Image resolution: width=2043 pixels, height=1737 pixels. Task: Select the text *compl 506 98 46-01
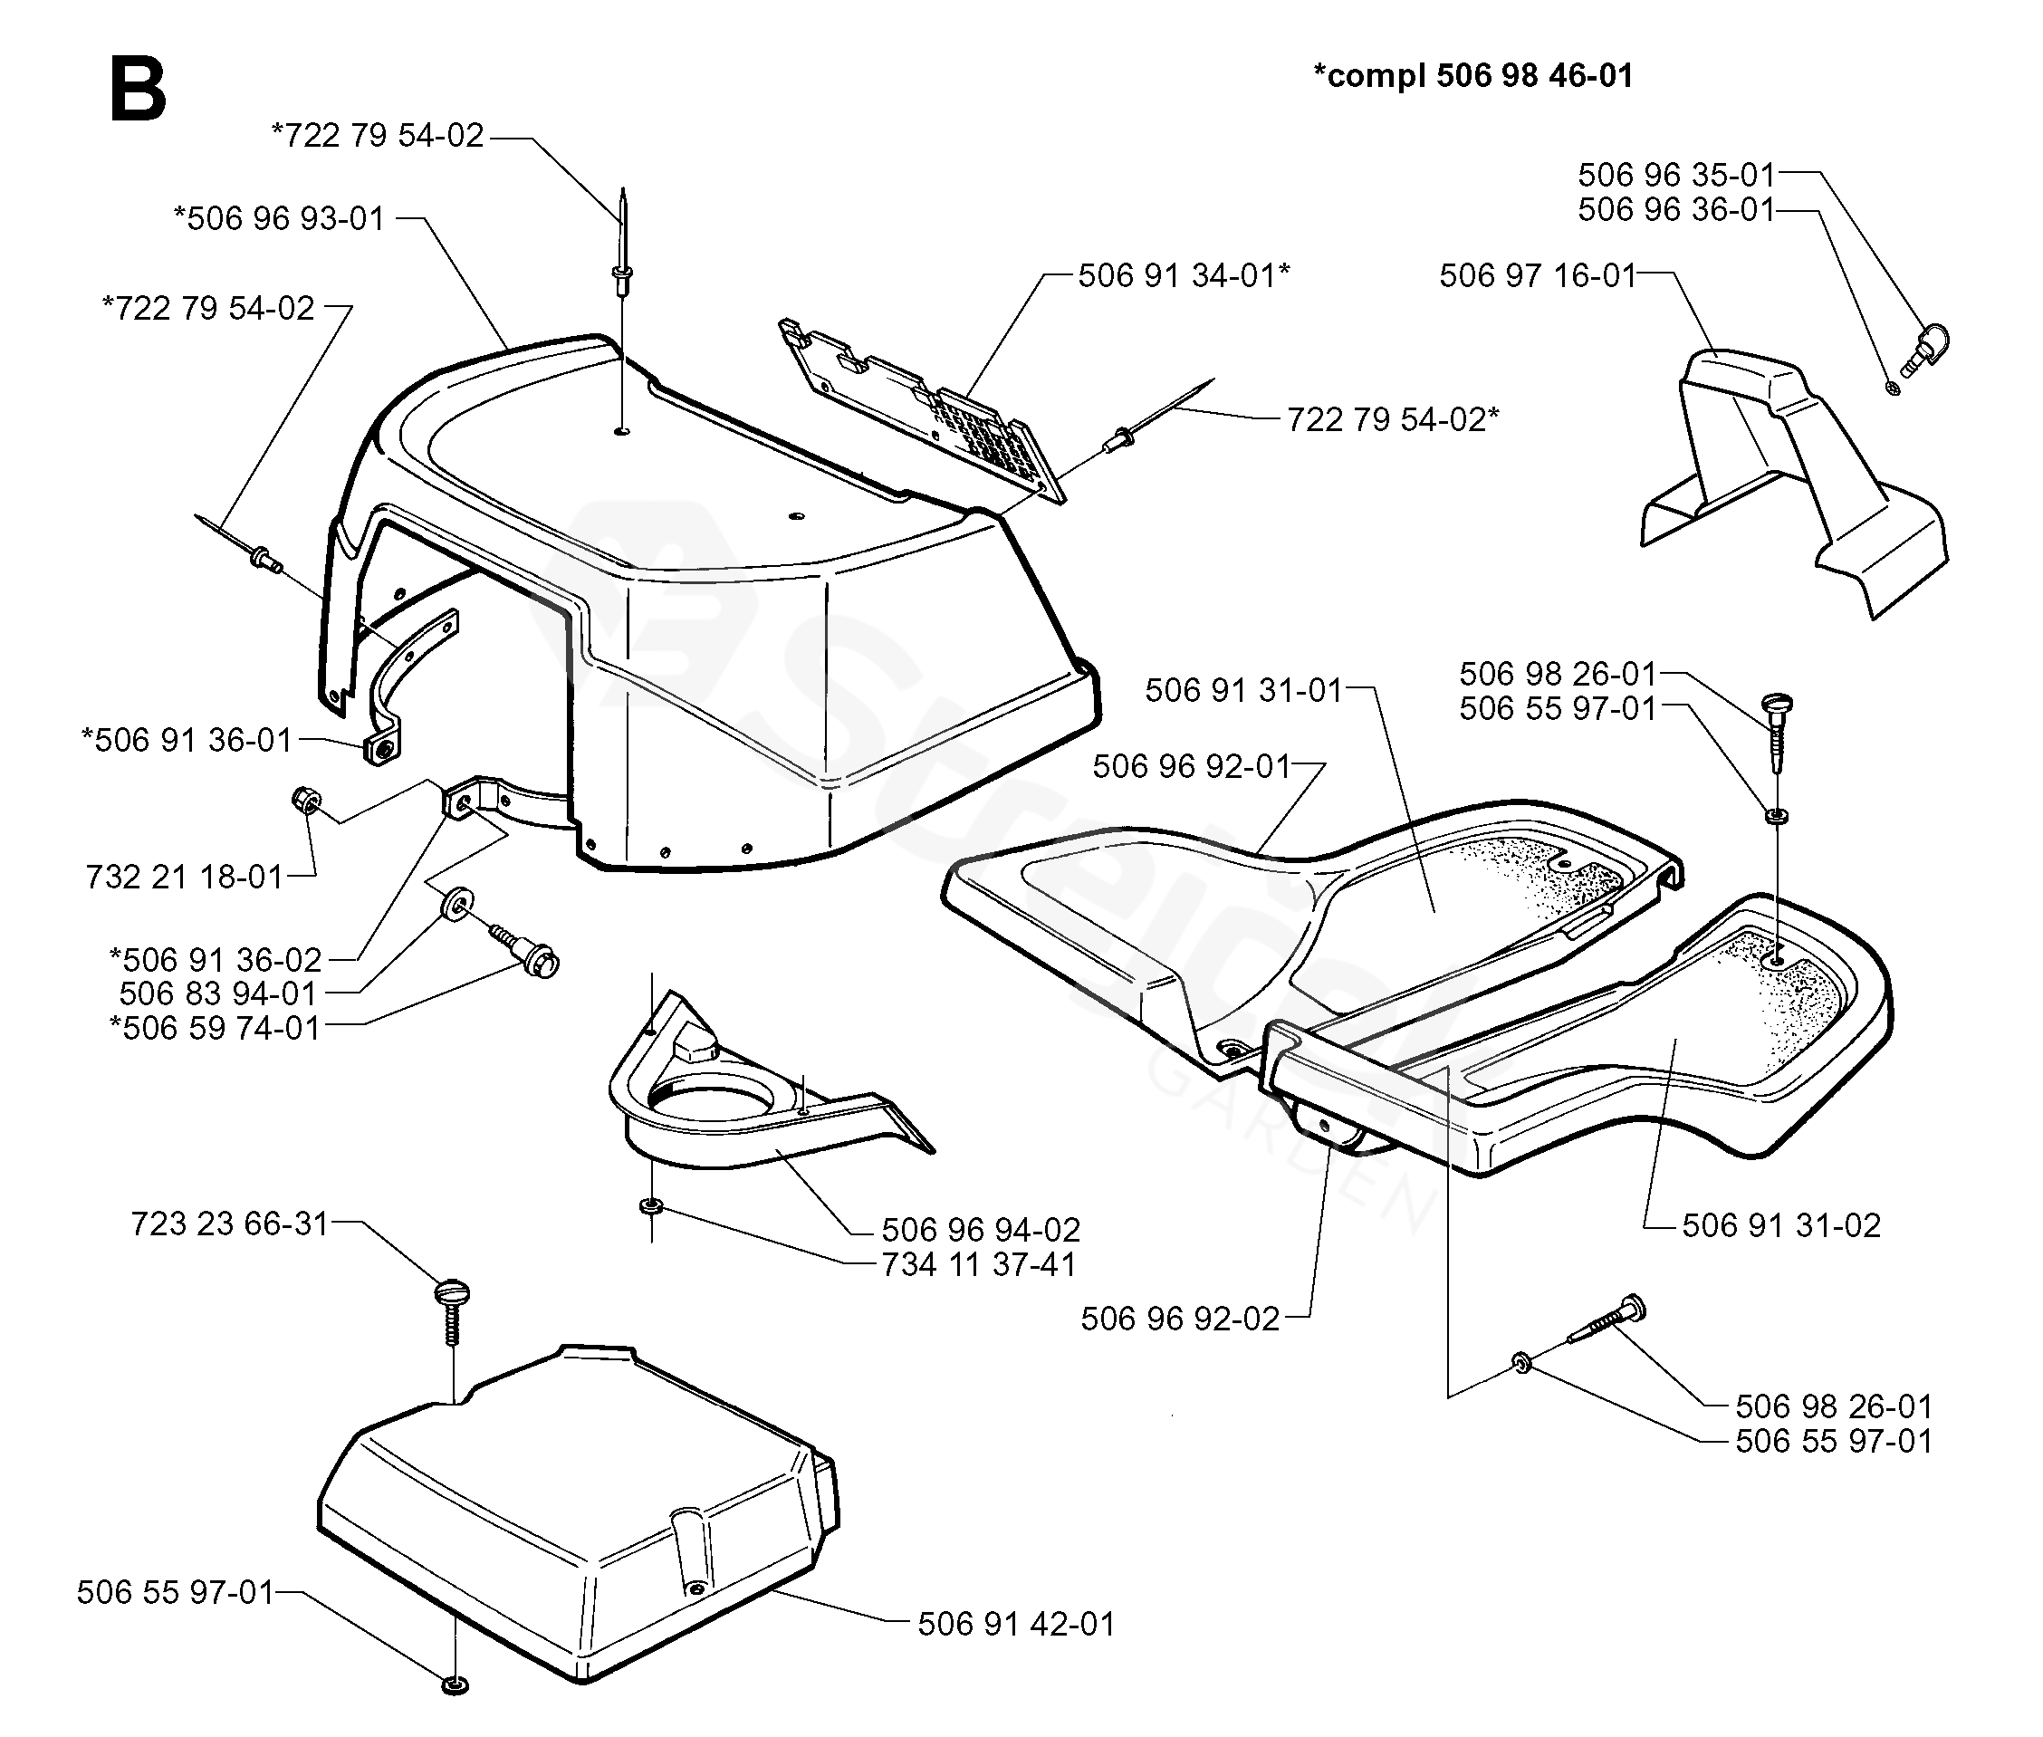(x=1472, y=76)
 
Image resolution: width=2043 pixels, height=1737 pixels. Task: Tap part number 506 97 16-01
(x=1537, y=275)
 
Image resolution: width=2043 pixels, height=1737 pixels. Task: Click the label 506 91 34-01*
(x=1184, y=275)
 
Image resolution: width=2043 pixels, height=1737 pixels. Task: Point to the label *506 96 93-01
(x=279, y=218)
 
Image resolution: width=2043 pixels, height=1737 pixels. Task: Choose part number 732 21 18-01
(x=184, y=877)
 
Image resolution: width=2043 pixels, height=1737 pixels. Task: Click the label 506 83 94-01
(x=217, y=993)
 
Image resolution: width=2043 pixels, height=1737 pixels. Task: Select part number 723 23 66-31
(x=229, y=1224)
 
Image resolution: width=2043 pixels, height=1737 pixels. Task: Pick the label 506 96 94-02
(x=981, y=1230)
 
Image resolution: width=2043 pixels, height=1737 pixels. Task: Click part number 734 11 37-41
(x=979, y=1264)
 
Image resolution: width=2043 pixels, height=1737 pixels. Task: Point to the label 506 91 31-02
(x=1781, y=1225)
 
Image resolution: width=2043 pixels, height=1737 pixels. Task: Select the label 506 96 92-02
(x=1181, y=1319)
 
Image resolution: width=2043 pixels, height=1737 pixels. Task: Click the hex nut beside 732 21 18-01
(x=303, y=801)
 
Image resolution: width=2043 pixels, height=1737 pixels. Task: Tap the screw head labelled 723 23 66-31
(x=453, y=1293)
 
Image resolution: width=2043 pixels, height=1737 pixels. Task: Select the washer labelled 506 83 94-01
(x=456, y=904)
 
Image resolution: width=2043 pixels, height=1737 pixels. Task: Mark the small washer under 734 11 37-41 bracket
(x=651, y=1206)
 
